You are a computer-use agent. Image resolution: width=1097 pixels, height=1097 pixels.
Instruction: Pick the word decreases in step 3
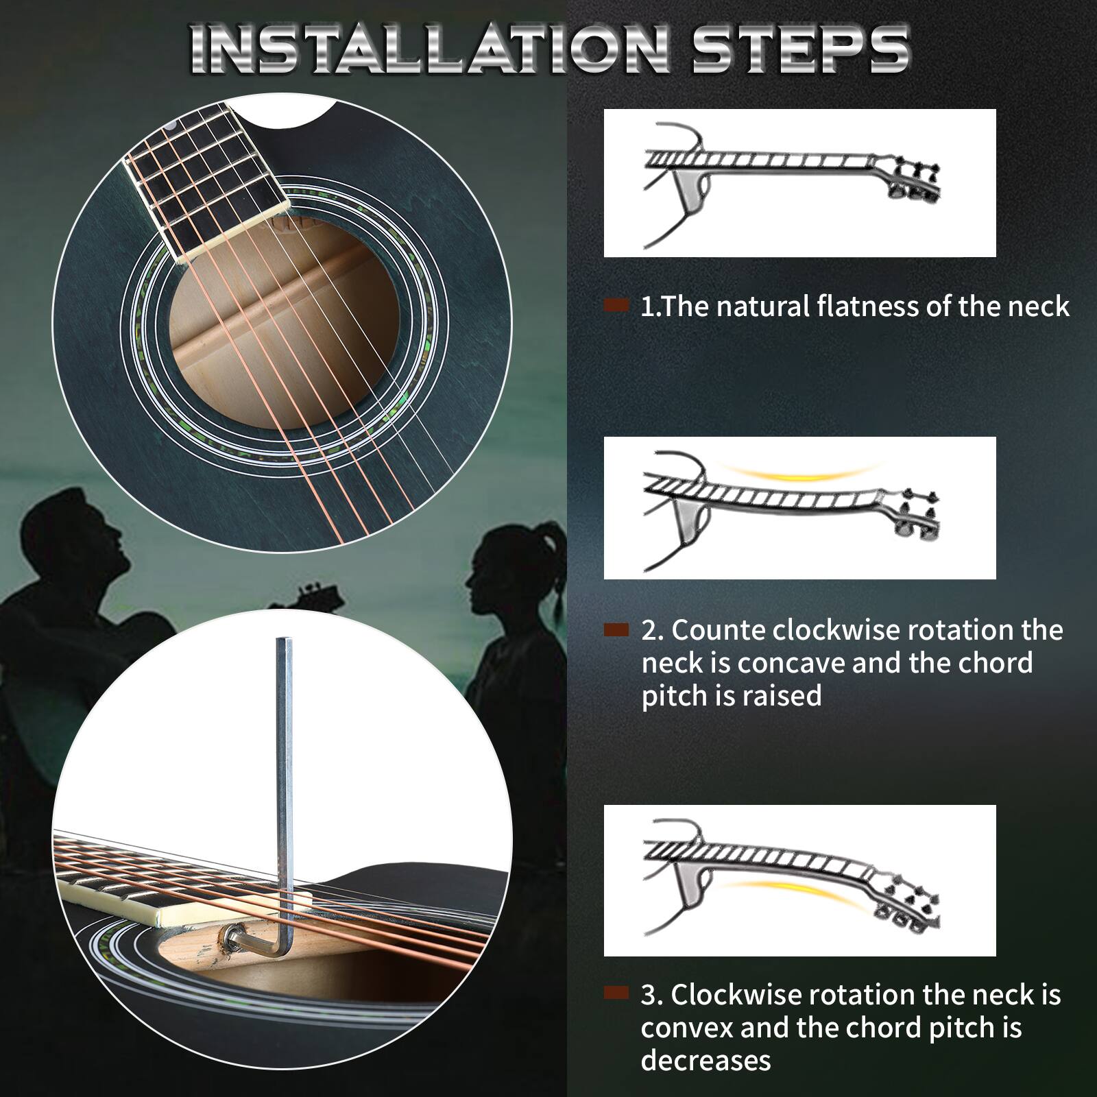pyautogui.click(x=706, y=1060)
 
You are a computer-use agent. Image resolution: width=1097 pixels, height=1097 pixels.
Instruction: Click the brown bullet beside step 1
pyautogui.click(x=616, y=306)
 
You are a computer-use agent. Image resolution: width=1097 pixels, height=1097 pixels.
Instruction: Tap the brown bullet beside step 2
pyautogui.click(x=616, y=629)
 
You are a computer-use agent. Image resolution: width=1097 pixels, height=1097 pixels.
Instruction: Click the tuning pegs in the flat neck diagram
pyautogui.click(x=915, y=182)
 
